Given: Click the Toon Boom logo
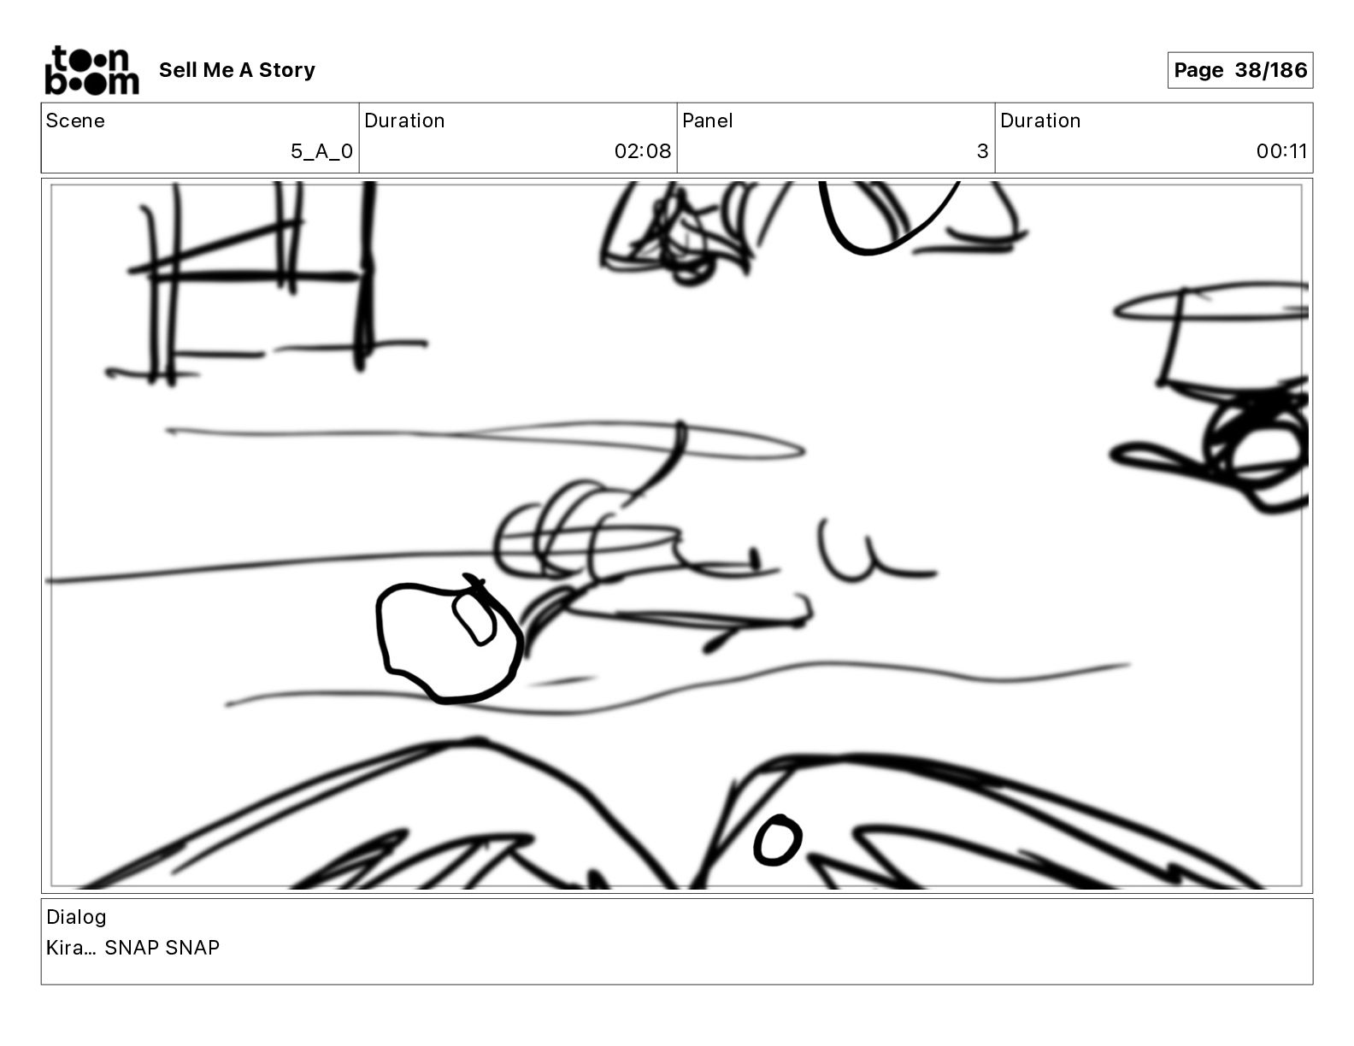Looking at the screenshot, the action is (91, 70).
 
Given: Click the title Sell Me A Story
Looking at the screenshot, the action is (237, 70).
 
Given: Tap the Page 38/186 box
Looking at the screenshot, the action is (1239, 70).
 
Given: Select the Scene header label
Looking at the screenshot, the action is (75, 120).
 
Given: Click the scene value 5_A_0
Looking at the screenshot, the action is (321, 150).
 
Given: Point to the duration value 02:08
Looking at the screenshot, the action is (643, 150).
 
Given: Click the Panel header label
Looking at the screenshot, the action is (707, 120).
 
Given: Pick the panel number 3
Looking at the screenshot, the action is (983, 150).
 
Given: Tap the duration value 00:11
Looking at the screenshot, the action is (1281, 150).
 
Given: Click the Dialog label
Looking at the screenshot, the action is (76, 916).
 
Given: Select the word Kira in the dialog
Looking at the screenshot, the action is (65, 947).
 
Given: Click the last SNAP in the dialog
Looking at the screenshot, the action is (192, 947).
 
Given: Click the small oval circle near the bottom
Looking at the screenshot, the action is (777, 840).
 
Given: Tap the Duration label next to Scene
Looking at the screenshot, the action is (404, 120).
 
